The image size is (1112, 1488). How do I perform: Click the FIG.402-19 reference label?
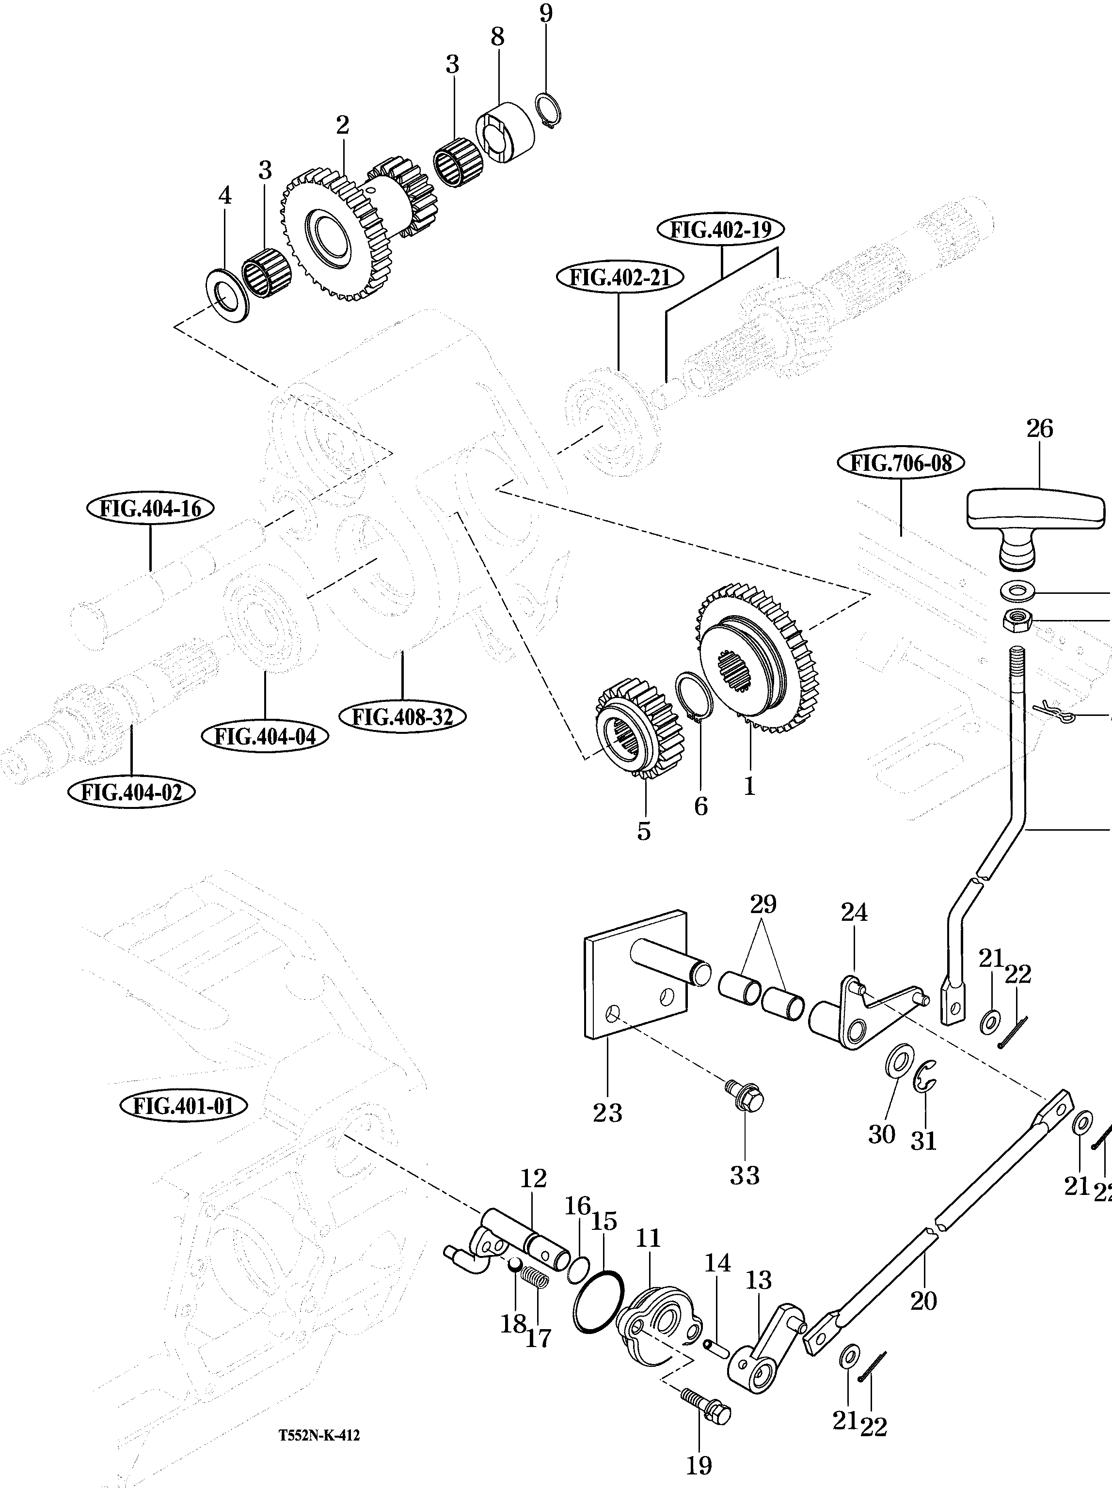[x=720, y=230]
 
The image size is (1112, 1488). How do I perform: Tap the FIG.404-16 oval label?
[x=150, y=509]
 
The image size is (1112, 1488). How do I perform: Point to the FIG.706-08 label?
[x=901, y=464]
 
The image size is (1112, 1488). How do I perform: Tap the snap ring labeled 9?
[x=549, y=110]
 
